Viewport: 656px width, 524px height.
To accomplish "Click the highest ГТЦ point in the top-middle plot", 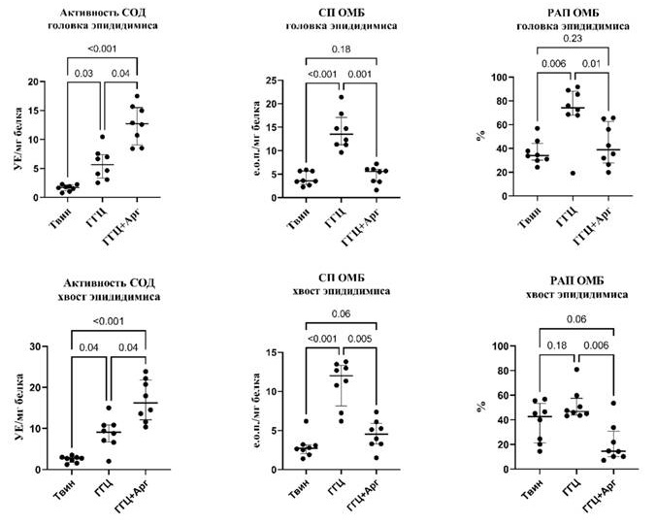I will pyautogui.click(x=341, y=97).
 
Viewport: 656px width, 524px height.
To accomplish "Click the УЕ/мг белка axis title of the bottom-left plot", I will pyautogui.click(x=16, y=408).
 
